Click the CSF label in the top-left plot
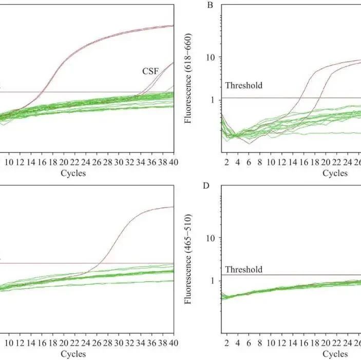click(x=150, y=72)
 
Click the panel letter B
click(x=210, y=6)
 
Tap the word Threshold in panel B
click(x=244, y=86)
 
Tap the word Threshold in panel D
click(x=244, y=269)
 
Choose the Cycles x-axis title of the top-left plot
click(x=73, y=173)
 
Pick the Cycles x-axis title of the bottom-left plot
click(x=73, y=354)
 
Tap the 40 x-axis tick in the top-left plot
click(x=174, y=163)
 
